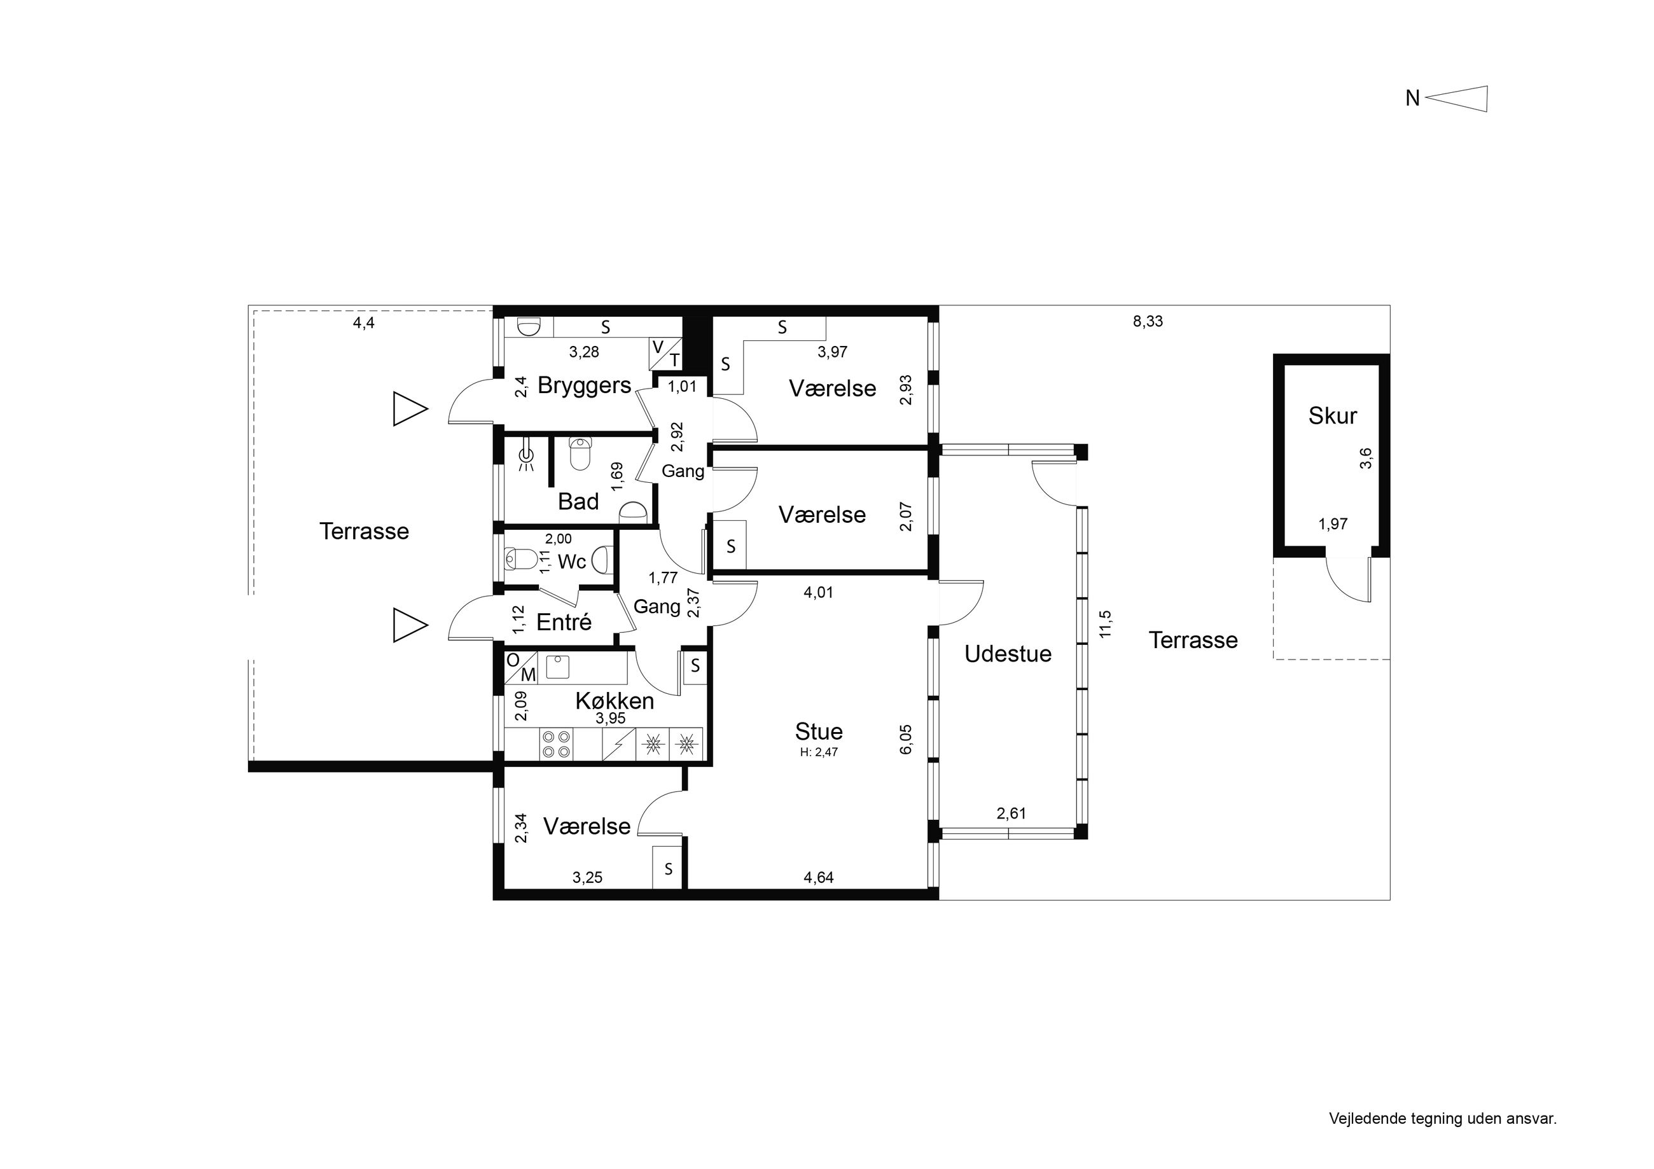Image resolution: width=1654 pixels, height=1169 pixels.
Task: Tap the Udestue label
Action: [1008, 653]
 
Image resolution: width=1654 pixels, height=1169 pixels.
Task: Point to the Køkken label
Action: [615, 701]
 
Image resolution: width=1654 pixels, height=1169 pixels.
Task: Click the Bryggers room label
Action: [584, 385]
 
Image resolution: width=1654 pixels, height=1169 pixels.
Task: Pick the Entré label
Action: [564, 621]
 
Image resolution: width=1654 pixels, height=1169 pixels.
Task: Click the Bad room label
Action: [578, 501]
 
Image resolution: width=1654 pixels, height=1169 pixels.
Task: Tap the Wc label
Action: [572, 561]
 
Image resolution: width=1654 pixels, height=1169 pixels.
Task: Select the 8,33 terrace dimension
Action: [1148, 321]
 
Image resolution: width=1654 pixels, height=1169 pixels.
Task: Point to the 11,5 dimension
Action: [1106, 624]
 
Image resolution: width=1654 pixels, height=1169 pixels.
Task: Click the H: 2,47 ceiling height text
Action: [819, 752]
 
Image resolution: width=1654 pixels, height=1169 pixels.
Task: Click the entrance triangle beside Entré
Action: [410, 625]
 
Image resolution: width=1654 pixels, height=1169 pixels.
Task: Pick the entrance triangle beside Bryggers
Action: [410, 408]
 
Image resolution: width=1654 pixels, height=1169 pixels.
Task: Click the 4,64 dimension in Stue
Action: [818, 877]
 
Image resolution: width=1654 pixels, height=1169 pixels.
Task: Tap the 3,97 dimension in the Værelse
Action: [832, 352]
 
